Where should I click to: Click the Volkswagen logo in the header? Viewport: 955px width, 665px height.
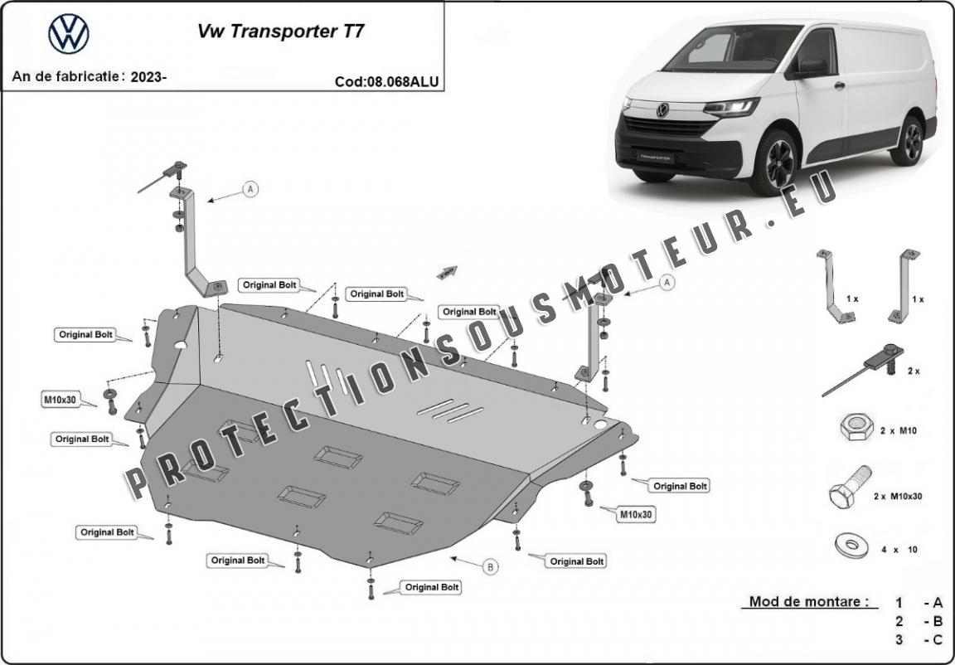click(69, 34)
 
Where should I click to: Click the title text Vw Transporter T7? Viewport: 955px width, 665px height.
click(279, 32)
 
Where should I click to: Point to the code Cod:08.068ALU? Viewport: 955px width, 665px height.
click(386, 81)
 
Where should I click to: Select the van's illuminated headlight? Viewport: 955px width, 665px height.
click(731, 107)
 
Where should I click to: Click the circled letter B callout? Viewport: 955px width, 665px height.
click(490, 567)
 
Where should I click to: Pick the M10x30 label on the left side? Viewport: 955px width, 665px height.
click(60, 400)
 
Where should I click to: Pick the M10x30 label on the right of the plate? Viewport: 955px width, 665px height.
click(636, 514)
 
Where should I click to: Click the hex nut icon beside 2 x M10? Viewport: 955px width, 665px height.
click(856, 428)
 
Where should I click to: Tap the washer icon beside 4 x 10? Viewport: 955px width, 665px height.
click(851, 546)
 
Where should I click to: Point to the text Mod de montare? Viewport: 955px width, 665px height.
click(808, 602)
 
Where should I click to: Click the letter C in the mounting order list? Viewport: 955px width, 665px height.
click(938, 639)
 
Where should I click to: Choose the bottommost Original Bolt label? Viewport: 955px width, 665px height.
click(432, 587)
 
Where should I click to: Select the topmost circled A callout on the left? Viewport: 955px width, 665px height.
click(250, 190)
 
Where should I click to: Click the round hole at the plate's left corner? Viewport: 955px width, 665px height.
click(180, 345)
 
